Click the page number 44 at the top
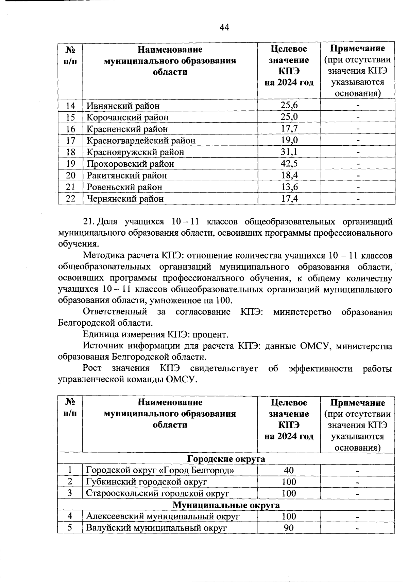[x=224, y=27]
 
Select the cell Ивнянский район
[x=123, y=106]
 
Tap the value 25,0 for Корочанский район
[x=289, y=117]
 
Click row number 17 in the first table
[x=70, y=141]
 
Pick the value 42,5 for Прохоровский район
[x=289, y=164]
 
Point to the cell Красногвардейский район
[x=141, y=141]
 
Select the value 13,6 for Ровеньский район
[x=289, y=187]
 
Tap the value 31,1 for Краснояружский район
[x=289, y=152]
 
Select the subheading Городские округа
[x=226, y=459]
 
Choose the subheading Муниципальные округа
[x=226, y=505]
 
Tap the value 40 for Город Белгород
[x=289, y=471]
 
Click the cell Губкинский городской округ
[x=146, y=482]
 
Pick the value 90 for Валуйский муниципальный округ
[x=289, y=528]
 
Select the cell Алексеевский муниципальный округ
[x=163, y=516]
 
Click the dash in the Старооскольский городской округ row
[x=357, y=494]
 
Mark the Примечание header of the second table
[x=357, y=403]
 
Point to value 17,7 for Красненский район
[x=289, y=129]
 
